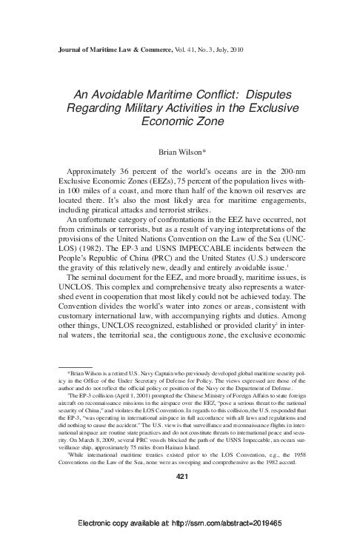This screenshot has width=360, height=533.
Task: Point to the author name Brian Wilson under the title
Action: [180, 152]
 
